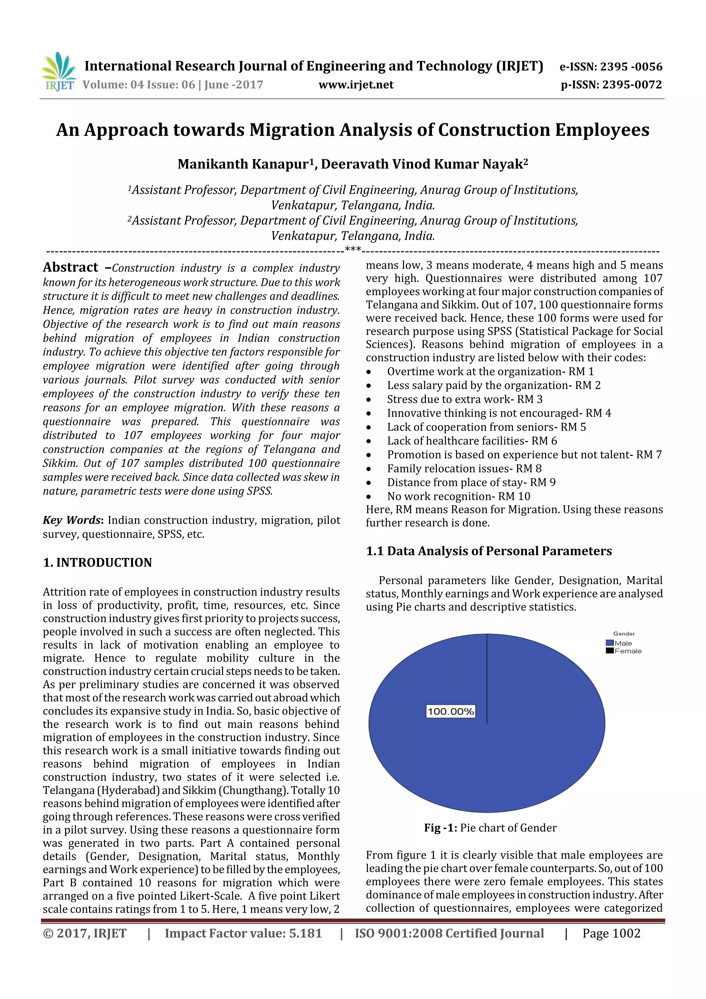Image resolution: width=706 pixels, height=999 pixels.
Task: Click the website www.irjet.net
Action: (x=355, y=85)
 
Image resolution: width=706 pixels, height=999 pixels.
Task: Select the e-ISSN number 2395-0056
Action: (x=631, y=67)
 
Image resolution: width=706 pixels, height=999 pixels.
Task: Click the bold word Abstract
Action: (x=70, y=267)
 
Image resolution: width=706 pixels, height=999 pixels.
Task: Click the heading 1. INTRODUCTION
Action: (x=98, y=562)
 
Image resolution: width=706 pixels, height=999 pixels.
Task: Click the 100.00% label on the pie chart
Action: (x=450, y=711)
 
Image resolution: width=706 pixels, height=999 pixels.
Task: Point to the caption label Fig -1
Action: (x=440, y=828)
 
